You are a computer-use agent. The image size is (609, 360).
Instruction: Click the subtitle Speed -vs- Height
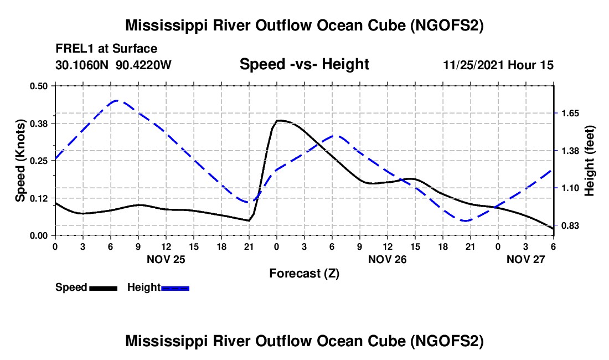tap(304, 65)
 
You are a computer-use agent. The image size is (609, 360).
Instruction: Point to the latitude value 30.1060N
tap(83, 65)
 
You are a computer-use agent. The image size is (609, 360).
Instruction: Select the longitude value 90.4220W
tap(144, 65)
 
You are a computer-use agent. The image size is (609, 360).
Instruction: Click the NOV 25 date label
tap(166, 259)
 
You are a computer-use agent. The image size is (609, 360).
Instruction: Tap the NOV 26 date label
tap(388, 259)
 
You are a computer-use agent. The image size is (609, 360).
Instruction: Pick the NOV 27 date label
tap(526, 259)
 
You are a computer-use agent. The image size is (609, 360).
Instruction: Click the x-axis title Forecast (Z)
tap(304, 273)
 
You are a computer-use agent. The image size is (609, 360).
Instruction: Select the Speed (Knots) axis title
tap(20, 161)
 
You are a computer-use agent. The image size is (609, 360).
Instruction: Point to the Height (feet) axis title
tap(590, 161)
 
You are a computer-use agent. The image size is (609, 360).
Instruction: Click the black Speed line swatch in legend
tap(103, 288)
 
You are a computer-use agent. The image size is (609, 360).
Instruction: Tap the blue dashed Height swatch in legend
tap(175, 288)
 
